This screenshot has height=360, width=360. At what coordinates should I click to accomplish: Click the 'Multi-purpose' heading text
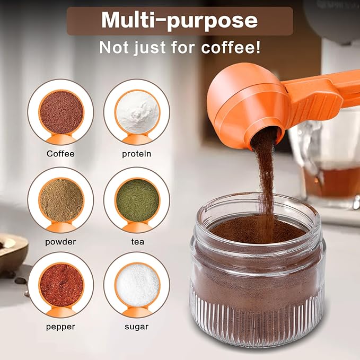pyautogui.click(x=179, y=20)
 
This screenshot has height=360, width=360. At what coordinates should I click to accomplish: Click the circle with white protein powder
pyautogui.click(x=137, y=112)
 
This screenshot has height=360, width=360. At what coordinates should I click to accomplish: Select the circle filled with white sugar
pyautogui.click(x=137, y=285)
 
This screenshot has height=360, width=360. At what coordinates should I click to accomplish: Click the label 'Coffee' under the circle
pyautogui.click(x=60, y=154)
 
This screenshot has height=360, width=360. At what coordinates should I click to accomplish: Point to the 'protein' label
pyautogui.click(x=137, y=154)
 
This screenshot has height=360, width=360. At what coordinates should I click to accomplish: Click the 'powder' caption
pyautogui.click(x=60, y=241)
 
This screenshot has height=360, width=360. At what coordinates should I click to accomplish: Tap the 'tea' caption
pyautogui.click(x=137, y=241)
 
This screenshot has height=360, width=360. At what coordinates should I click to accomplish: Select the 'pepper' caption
pyautogui.click(x=60, y=327)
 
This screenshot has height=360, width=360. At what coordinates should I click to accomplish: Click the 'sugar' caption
pyautogui.click(x=137, y=327)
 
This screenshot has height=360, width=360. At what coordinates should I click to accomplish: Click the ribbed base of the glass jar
pyautogui.click(x=257, y=323)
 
